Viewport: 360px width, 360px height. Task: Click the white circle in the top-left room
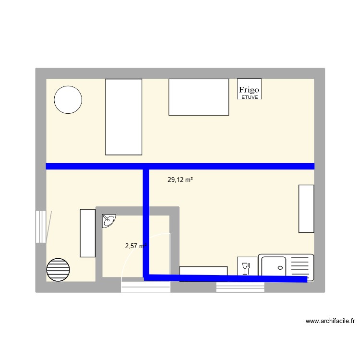(68, 100)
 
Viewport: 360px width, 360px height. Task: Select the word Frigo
(249, 90)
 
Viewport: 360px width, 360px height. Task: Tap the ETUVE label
(249, 97)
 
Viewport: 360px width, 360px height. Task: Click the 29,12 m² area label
(180, 180)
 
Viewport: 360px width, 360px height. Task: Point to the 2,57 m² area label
(135, 246)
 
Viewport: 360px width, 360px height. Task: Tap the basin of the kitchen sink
(272, 267)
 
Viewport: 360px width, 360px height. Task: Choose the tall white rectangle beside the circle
(123, 117)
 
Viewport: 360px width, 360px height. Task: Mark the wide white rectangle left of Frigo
(198, 97)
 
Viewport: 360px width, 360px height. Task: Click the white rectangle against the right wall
(306, 208)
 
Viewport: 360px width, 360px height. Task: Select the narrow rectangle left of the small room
(87, 233)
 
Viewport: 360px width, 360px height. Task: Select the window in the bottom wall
(240, 287)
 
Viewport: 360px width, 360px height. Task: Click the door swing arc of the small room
(126, 259)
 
